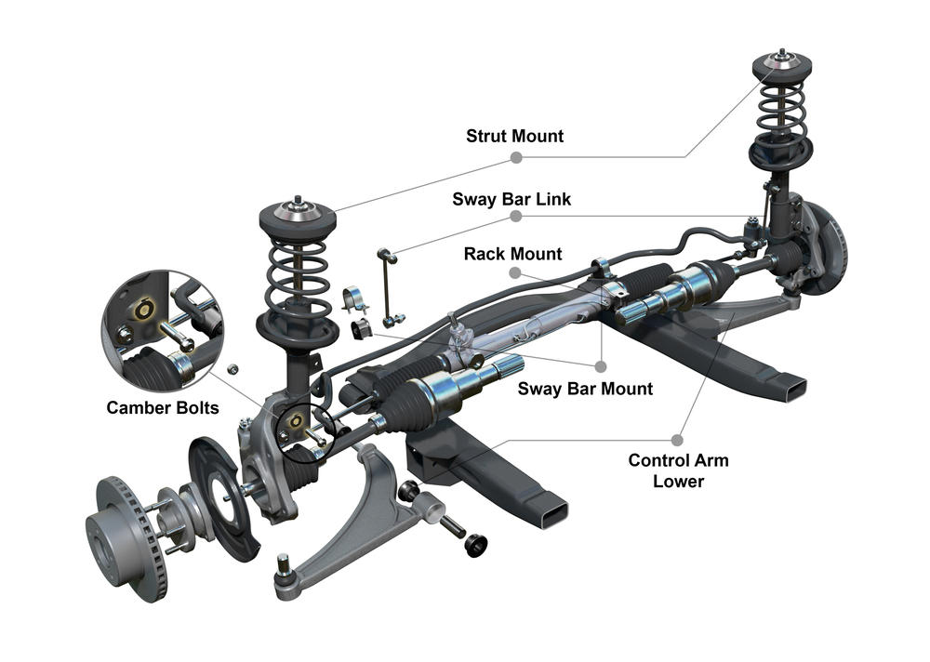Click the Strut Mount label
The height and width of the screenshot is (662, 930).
[514, 136]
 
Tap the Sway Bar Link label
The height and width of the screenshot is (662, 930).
[511, 199]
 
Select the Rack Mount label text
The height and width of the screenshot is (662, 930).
[512, 254]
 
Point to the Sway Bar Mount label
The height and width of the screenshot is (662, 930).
[585, 389]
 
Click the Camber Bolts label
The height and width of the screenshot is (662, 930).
[163, 407]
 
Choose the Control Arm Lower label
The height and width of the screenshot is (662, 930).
[678, 470]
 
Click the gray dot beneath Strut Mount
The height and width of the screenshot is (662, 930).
[515, 157]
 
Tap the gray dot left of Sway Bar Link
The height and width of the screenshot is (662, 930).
[515, 216]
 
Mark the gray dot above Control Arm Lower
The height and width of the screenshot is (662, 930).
[678, 438]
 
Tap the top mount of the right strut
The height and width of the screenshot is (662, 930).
[781, 65]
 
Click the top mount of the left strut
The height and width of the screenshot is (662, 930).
[297, 216]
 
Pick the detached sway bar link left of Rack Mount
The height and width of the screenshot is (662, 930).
[390, 285]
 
